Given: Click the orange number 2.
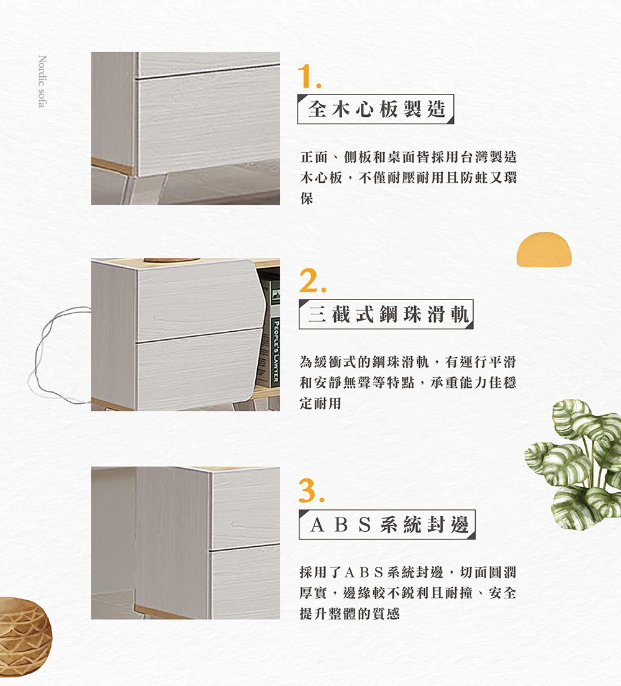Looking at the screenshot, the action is tap(313, 280).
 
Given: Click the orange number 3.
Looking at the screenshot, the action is tap(312, 490).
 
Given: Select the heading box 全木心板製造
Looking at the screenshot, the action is tap(376, 109).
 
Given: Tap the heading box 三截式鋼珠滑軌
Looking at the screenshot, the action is tap(386, 314).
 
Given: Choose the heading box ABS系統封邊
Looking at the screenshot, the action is tap(387, 524).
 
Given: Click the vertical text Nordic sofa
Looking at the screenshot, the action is tap(42, 81).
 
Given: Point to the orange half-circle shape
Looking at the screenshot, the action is tap(544, 249).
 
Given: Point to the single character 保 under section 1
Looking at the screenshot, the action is tap(307, 198).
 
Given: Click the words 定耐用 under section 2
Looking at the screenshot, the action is tap(320, 403).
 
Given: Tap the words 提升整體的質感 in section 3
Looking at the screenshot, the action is tap(350, 613).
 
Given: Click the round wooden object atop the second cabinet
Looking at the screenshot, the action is tap(172, 260).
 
